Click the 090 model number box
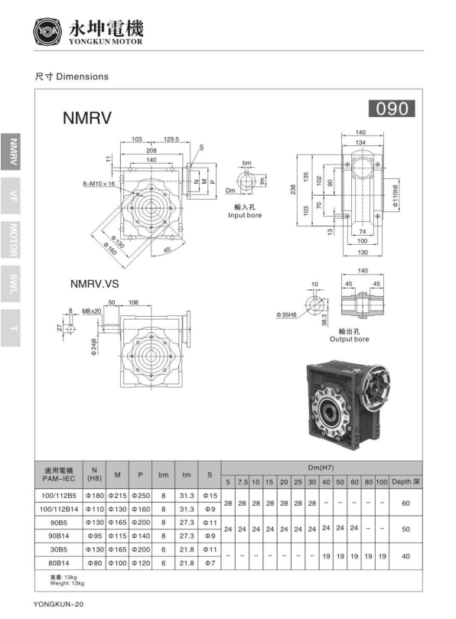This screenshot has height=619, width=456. (392, 109)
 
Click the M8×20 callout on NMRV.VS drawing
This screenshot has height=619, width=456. (92, 311)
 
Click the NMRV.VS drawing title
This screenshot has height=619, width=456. (95, 283)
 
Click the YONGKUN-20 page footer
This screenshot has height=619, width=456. (58, 604)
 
